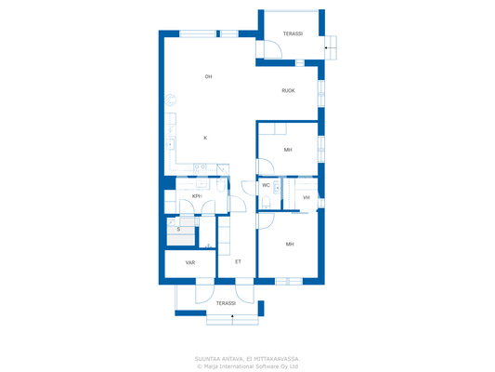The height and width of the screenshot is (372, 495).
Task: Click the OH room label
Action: pos(209,76)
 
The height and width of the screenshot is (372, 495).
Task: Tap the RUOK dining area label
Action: pos(289,90)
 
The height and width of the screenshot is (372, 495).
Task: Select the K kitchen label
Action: pos(205,138)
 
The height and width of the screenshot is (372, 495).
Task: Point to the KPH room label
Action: pos(198,196)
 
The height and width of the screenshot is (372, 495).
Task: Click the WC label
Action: pos(266,185)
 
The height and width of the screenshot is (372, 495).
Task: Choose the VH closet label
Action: pos(306,197)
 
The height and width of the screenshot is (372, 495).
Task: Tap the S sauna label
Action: pos(178,229)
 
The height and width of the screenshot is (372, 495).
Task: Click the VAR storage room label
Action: pos(189,262)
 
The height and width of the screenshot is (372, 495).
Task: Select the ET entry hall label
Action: pos(238,262)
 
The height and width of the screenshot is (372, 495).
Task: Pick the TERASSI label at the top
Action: pos(293,33)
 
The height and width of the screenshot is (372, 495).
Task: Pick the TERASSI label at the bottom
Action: pos(226,303)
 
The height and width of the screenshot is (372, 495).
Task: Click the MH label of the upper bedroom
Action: pos(288,150)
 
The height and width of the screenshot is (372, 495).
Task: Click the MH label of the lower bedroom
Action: pos(290,245)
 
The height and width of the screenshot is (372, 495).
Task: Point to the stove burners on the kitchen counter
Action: pos(171,142)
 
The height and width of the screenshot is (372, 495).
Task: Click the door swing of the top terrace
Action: pos(272,50)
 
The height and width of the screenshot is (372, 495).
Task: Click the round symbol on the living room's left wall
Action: pos(169,100)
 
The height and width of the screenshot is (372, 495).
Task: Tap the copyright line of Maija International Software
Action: pos(247,366)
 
